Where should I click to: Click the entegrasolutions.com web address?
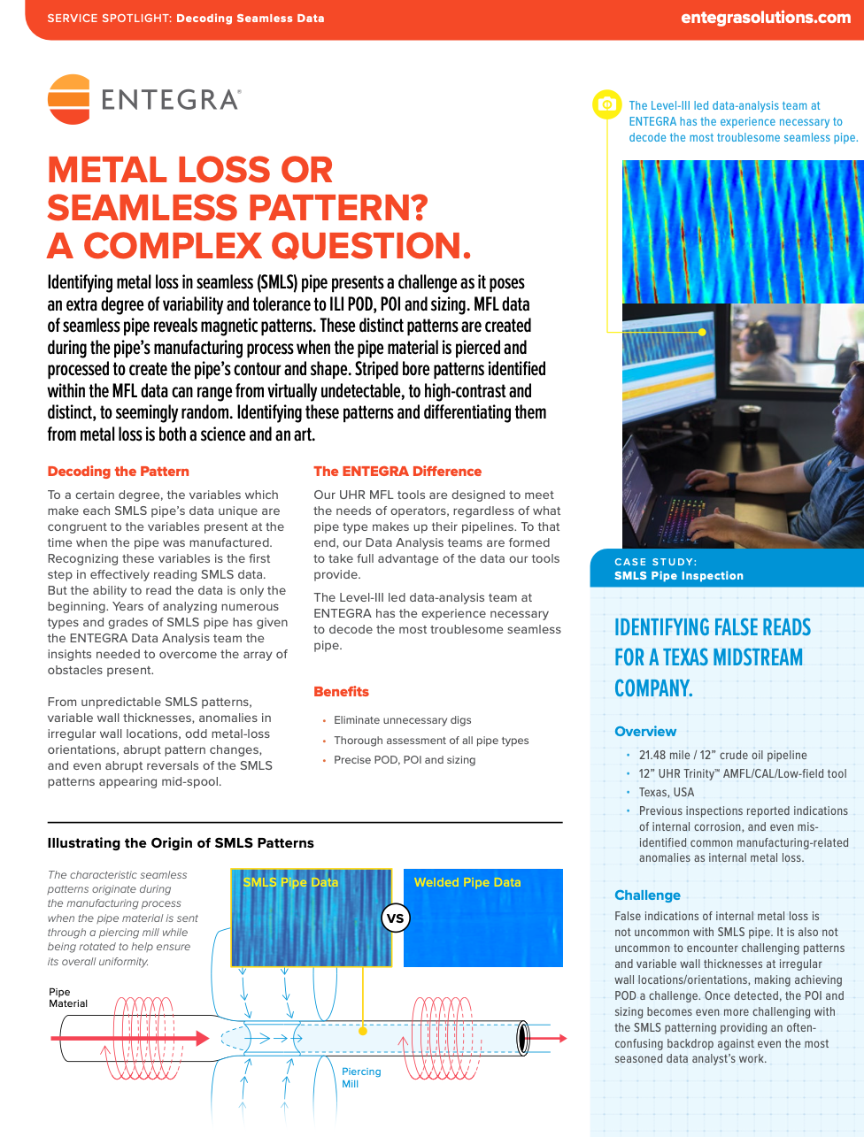[x=765, y=18]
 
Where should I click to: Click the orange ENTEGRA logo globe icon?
[x=69, y=99]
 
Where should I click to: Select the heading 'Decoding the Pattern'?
[x=118, y=472]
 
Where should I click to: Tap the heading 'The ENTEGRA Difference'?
[x=397, y=472]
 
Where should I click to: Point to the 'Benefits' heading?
[x=341, y=692]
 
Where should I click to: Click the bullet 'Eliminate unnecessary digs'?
[x=402, y=720]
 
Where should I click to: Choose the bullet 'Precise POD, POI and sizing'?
[x=404, y=760]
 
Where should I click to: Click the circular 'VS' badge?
[x=395, y=918]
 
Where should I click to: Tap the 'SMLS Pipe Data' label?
[x=290, y=882]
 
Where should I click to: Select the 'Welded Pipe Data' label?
[x=467, y=882]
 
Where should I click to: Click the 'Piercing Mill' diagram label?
[x=360, y=1078]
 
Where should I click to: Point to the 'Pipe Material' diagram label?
[x=68, y=998]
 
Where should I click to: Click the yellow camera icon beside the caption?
[x=606, y=104]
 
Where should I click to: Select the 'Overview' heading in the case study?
[x=645, y=732]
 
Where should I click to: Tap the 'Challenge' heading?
[x=647, y=895]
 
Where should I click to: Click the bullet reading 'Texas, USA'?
[x=667, y=793]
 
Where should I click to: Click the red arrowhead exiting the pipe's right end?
[x=560, y=1038]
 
